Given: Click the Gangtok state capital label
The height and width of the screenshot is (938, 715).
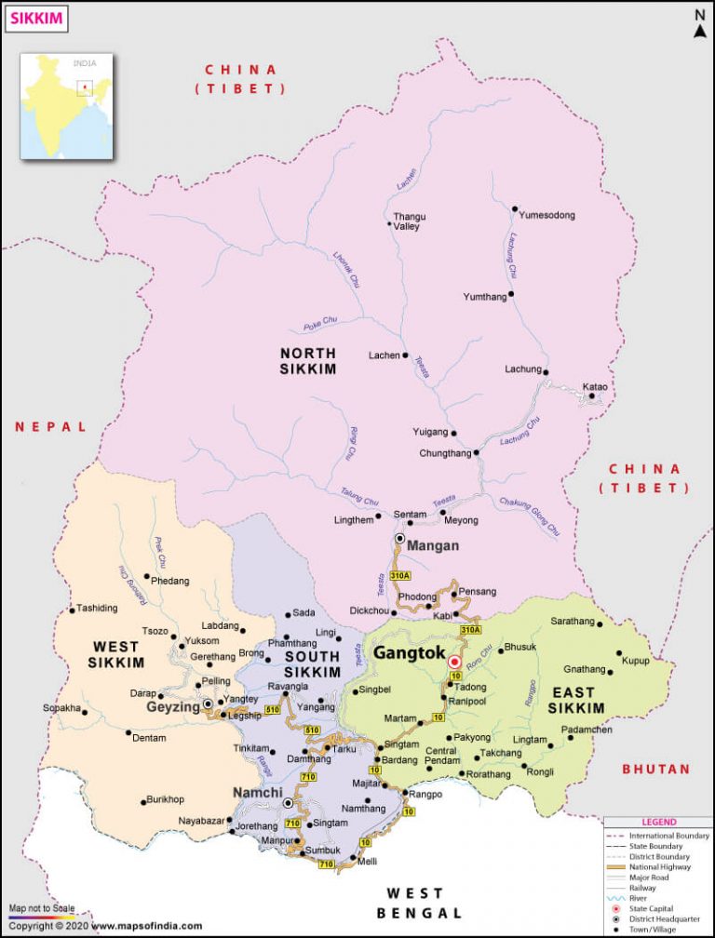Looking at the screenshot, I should pyautogui.click(x=409, y=654).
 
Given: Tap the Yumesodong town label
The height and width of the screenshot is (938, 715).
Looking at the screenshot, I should pyautogui.click(x=546, y=215).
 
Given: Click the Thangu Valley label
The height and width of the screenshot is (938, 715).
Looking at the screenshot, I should pyautogui.click(x=409, y=221).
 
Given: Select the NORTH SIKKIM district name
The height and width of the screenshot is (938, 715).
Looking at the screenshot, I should pyautogui.click(x=308, y=361).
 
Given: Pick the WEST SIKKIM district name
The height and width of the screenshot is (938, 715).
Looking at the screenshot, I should pyautogui.click(x=116, y=654).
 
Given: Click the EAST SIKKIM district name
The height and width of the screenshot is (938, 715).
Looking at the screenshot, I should pyautogui.click(x=579, y=700).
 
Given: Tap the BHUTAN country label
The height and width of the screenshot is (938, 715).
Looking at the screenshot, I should pyautogui.click(x=656, y=770).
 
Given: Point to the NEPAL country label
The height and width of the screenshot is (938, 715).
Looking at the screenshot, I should pyautogui.click(x=50, y=427).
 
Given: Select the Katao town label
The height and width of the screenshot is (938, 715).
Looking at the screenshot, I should pyautogui.click(x=595, y=386).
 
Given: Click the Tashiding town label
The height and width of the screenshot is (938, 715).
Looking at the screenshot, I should pyautogui.click(x=98, y=609).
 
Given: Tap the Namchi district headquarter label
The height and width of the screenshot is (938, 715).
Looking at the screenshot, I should pyautogui.click(x=258, y=793).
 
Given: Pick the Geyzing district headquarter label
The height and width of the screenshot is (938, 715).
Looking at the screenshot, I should pyautogui.click(x=173, y=706).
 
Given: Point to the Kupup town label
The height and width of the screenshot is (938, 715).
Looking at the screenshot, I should pyautogui.click(x=635, y=660).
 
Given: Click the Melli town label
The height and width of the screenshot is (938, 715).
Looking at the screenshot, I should pyautogui.click(x=368, y=863).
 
